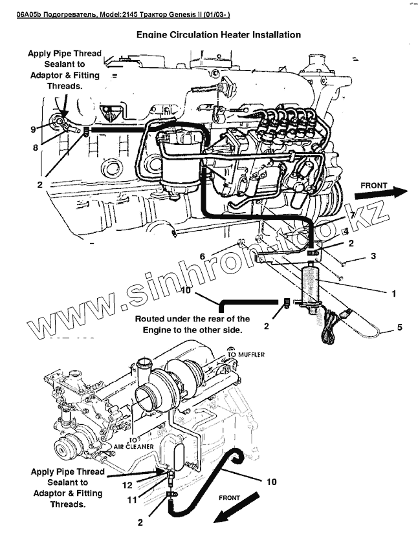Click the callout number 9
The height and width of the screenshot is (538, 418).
(32, 129)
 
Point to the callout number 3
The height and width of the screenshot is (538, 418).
(373, 257)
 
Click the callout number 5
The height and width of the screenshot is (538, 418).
(400, 327)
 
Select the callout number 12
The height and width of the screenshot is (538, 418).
(129, 485)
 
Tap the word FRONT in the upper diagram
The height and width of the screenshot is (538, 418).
(373, 186)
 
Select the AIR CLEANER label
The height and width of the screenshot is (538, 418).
(133, 446)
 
